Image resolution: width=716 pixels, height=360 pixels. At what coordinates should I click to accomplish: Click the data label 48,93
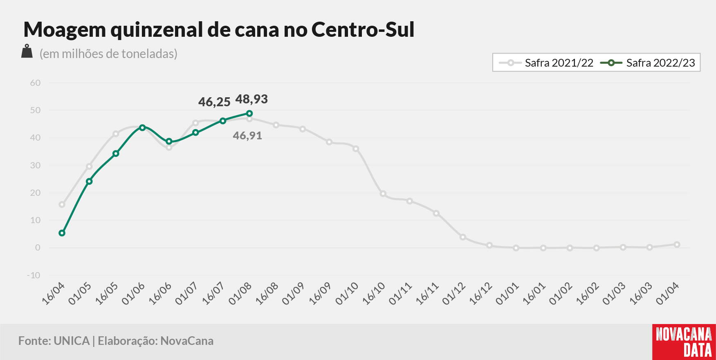click(251, 99)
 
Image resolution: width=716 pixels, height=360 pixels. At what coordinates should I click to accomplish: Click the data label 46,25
click(214, 102)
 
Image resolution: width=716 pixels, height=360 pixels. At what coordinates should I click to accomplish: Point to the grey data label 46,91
click(247, 136)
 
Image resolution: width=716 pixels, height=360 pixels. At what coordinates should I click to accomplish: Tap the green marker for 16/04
click(62, 233)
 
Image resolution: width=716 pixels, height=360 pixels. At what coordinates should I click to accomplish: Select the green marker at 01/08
click(249, 114)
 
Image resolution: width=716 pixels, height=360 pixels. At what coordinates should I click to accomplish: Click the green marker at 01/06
click(142, 127)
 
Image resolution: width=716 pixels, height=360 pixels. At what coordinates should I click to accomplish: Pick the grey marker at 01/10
click(356, 149)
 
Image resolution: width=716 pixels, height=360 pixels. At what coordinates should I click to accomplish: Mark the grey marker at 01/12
click(462, 237)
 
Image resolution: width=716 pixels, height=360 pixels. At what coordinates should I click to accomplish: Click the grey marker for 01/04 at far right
click(677, 245)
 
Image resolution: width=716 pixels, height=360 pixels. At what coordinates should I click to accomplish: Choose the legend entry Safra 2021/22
click(546, 63)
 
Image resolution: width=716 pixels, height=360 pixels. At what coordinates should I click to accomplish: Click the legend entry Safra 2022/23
click(648, 63)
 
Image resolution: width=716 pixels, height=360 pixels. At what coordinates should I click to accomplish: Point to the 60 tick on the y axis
click(35, 83)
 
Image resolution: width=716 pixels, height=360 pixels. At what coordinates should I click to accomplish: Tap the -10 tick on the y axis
click(34, 275)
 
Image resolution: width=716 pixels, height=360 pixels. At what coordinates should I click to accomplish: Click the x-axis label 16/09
click(320, 293)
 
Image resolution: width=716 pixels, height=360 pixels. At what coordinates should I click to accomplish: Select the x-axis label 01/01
click(507, 293)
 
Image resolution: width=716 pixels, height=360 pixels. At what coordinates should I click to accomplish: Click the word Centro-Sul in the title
click(363, 29)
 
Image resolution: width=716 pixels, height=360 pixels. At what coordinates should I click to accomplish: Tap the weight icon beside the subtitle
click(27, 51)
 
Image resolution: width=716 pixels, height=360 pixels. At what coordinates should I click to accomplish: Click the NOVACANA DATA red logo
click(684, 342)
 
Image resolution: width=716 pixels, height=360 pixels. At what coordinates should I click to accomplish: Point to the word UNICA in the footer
click(72, 341)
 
